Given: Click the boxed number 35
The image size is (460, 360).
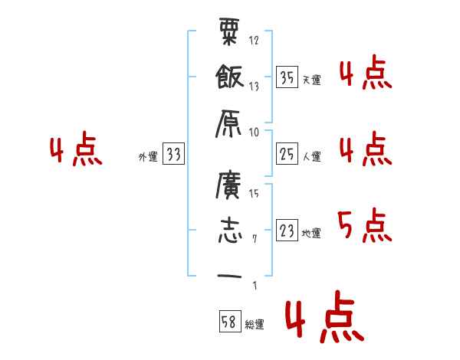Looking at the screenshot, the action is tap(287, 77).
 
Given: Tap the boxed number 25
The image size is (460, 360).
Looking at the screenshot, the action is tap(287, 155).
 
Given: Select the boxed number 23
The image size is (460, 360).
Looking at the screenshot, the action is tap(287, 231).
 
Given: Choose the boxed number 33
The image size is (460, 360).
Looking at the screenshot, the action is tap(174, 155).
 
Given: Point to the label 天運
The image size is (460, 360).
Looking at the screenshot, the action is tap(311, 80).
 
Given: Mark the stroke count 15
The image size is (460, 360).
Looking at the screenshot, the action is tap(254, 193).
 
